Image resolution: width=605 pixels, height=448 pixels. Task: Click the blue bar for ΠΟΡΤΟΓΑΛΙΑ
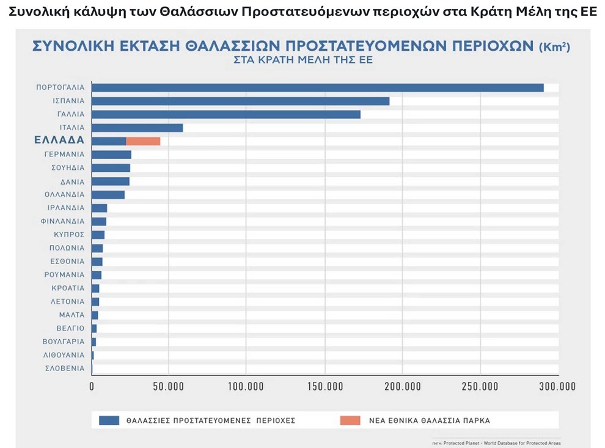point(317,87)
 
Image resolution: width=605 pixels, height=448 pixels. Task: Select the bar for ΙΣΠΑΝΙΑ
point(240,101)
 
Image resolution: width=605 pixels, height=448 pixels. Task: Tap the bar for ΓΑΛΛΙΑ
point(226,114)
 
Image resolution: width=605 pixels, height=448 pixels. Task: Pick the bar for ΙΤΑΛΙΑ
point(137,128)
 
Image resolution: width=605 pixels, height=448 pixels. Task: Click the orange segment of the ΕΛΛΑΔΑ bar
point(143,141)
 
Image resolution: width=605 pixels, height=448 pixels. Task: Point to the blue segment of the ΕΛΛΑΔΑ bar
point(109,141)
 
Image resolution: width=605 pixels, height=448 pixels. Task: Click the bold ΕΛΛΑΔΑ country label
point(59,141)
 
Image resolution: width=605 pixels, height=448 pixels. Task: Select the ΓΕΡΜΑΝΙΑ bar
point(111,155)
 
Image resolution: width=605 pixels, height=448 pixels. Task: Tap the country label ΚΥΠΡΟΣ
point(68,235)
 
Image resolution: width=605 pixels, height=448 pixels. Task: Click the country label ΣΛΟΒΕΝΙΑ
point(65,369)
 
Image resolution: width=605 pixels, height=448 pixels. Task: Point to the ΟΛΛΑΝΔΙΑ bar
point(108,195)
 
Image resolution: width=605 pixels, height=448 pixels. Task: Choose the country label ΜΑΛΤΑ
point(71,315)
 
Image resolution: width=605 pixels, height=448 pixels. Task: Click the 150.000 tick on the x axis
point(324,386)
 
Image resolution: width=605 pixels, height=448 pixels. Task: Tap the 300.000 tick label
point(558,386)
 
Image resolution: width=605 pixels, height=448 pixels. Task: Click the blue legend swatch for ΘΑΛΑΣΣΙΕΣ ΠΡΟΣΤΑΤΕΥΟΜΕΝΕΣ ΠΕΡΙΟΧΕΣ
point(109,420)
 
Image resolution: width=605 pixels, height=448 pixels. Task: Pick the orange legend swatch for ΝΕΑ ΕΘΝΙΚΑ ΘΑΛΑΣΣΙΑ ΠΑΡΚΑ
point(350,420)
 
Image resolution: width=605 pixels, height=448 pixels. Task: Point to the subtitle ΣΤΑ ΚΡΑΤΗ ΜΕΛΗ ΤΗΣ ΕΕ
point(302,61)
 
